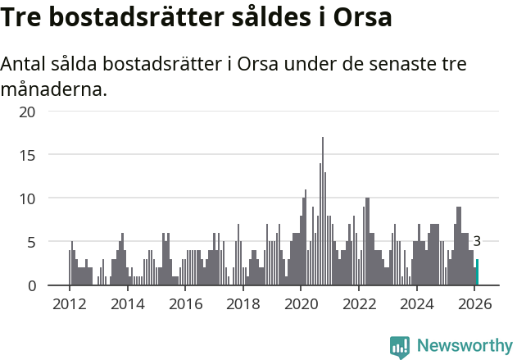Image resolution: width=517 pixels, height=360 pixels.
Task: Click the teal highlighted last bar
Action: tap(477, 272)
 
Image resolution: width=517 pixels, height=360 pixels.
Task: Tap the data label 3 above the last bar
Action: tap(477, 241)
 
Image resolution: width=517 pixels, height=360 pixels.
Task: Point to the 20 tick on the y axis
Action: tap(28, 111)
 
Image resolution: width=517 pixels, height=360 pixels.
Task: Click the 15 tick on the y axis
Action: tap(28, 154)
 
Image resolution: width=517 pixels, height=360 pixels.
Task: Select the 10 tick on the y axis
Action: tap(28, 198)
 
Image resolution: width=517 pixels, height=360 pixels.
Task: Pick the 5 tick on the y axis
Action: tap(31, 242)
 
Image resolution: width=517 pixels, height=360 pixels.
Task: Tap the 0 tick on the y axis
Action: tap(31, 285)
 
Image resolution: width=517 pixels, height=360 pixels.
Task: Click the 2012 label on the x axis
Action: tap(69, 303)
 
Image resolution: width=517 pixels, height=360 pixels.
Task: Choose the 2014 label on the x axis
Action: tap(127, 303)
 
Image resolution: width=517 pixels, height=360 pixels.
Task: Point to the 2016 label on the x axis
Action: tap(185, 303)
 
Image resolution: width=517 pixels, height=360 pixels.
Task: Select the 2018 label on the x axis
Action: tap(243, 303)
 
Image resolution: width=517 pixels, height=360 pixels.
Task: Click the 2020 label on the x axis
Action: tap(301, 303)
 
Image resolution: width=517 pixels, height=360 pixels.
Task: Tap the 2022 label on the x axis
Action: tap(359, 303)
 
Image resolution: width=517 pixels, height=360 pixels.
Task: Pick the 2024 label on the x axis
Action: tap(417, 303)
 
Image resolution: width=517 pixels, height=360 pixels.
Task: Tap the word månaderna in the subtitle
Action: tap(54, 89)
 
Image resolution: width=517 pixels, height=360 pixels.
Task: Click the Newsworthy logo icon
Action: tap(400, 346)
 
